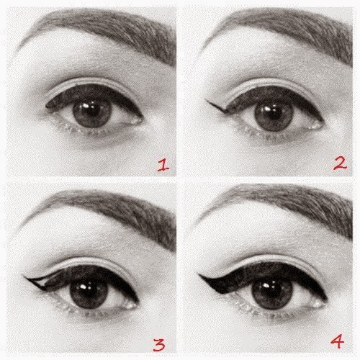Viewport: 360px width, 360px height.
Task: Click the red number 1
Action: pyautogui.click(x=163, y=166)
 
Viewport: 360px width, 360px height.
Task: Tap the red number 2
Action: pyautogui.click(x=341, y=164)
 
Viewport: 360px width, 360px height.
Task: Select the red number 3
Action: pyautogui.click(x=159, y=345)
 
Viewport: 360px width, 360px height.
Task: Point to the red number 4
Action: pyautogui.click(x=337, y=341)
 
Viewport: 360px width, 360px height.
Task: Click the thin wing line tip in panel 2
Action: pyautogui.click(x=207, y=101)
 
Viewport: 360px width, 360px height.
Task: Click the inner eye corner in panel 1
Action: pyautogui.click(x=140, y=120)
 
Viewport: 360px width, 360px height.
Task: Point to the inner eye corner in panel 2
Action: pyautogui.click(x=320, y=125)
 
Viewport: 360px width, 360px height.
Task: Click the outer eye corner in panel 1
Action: pyautogui.click(x=48, y=106)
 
